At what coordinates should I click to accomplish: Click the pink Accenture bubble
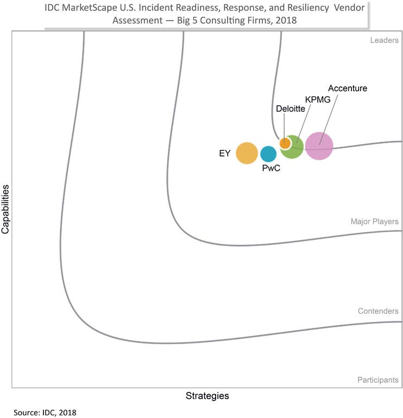pos(319,145)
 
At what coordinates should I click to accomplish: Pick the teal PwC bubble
pos(268,154)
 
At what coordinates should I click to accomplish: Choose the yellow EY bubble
pos(247,153)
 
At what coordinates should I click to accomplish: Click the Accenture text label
pos(348,88)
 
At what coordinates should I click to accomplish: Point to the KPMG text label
pos(318,99)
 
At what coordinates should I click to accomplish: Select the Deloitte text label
pos(291,109)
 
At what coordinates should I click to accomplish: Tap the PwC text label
pos(271,169)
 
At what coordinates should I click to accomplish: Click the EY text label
pos(225,154)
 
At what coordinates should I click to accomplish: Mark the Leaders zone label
pos(383,41)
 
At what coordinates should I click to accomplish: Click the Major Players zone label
pos(374,221)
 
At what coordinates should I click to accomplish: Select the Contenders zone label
pos(378,312)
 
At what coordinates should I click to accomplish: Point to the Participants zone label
pos(377,380)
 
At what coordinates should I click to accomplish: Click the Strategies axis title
pos(207,396)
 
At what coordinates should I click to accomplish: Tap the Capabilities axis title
pos(6,209)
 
